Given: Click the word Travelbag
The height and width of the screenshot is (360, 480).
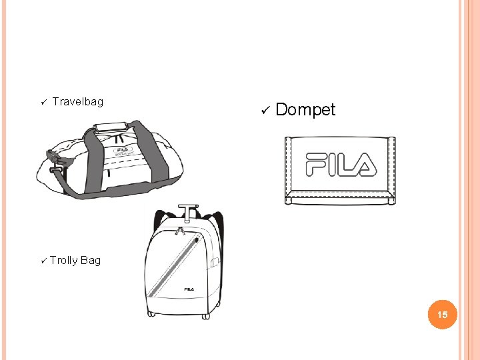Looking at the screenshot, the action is (x=78, y=101).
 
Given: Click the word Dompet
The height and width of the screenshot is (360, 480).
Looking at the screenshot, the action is (x=305, y=109).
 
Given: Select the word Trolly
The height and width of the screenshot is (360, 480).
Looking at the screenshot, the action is (x=63, y=260).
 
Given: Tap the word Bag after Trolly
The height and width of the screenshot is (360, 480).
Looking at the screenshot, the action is (x=91, y=260).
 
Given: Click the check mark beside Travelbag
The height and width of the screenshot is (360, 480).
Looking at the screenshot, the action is (x=41, y=102).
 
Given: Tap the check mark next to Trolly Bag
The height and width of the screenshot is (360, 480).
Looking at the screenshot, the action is (x=43, y=260).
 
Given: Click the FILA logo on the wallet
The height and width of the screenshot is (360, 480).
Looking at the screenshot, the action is (x=340, y=164).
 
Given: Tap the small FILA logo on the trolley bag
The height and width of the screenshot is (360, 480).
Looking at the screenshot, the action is (x=189, y=289).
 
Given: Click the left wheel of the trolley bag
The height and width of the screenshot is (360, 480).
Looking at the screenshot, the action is (x=151, y=314).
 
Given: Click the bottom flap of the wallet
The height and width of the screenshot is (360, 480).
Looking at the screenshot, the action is (x=340, y=197).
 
